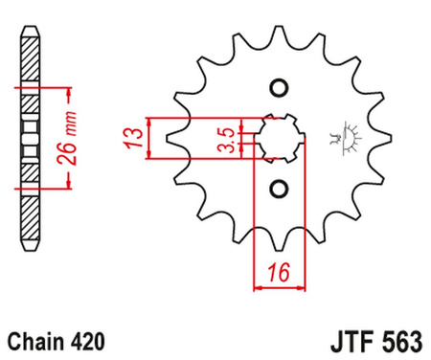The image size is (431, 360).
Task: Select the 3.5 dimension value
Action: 223,137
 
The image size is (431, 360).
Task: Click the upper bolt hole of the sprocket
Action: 279,89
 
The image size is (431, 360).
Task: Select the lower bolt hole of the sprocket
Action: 279,187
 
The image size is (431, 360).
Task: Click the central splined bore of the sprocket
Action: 279,138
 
